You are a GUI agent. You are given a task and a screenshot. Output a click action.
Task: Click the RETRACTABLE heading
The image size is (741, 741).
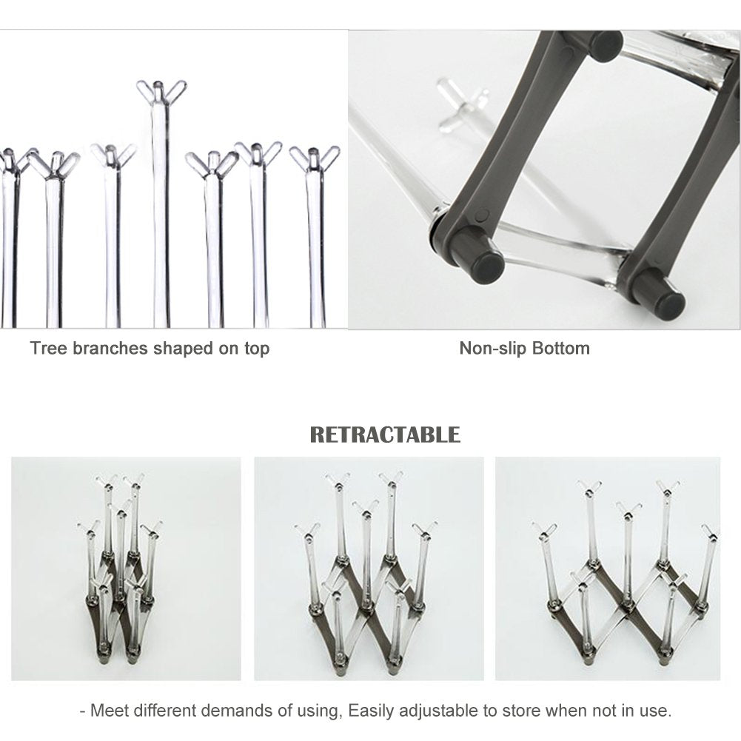pyautogui.click(x=384, y=434)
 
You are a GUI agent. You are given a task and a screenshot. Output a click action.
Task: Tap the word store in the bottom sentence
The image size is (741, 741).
pyautogui.click(x=520, y=711)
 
